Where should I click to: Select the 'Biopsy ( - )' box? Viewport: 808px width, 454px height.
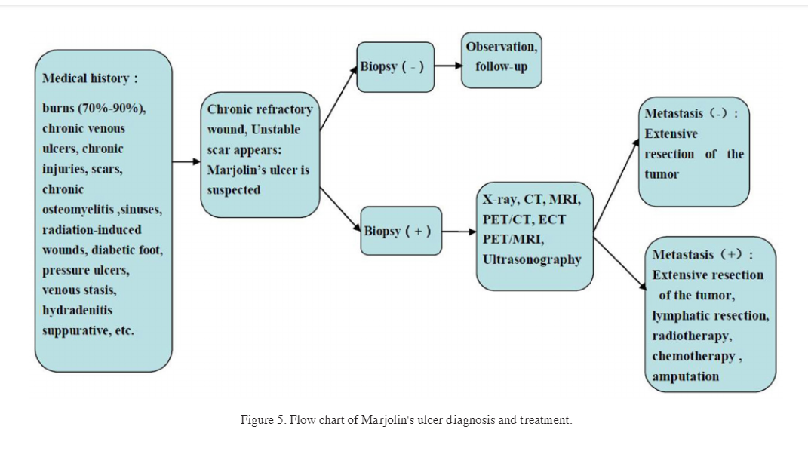click(395, 66)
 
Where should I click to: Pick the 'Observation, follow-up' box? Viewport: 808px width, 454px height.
click(501, 57)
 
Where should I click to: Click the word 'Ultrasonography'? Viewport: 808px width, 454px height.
click(532, 259)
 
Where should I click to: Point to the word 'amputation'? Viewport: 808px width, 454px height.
click(685, 376)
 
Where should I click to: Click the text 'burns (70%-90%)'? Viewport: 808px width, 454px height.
click(94, 108)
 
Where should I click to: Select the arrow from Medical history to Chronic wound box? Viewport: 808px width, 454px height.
click(186, 161)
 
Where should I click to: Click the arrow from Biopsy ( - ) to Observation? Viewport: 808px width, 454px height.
click(448, 65)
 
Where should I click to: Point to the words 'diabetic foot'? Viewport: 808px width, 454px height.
click(135, 250)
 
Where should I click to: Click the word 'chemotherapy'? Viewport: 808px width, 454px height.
click(693, 355)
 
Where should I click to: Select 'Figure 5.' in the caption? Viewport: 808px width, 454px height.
click(262, 420)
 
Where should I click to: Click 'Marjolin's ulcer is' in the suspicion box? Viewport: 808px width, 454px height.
click(258, 170)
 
